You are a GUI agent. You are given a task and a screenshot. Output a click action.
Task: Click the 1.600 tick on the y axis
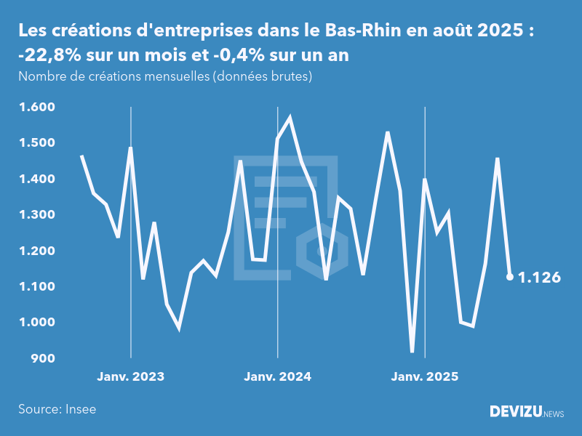click(36, 108)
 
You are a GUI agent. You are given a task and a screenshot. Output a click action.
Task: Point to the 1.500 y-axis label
click(36, 143)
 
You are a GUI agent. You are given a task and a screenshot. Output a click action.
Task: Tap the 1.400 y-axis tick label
click(36, 179)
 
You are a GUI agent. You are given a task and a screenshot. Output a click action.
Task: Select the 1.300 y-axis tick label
click(36, 215)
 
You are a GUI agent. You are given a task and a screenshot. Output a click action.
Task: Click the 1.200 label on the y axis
click(36, 251)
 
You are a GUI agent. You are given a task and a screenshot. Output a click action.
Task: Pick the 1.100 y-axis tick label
click(36, 287)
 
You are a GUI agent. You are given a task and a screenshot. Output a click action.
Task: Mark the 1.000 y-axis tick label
click(36, 323)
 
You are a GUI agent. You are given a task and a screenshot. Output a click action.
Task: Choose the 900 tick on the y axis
click(42, 358)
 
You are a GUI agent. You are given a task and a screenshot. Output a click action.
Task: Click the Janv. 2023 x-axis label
click(131, 377)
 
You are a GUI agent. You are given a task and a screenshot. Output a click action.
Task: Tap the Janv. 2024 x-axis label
click(277, 377)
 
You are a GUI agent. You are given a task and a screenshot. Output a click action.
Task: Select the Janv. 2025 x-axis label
click(425, 377)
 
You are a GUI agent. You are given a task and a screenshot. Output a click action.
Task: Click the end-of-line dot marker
click(510, 277)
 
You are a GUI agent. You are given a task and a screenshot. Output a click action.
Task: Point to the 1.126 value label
click(539, 278)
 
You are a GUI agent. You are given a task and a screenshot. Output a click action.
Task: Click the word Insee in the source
click(80, 409)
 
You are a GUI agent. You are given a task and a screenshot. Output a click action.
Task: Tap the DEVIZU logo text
click(515, 412)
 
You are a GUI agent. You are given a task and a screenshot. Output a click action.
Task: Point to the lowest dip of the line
click(412, 352)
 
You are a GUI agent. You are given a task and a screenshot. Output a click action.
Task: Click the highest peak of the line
click(290, 117)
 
